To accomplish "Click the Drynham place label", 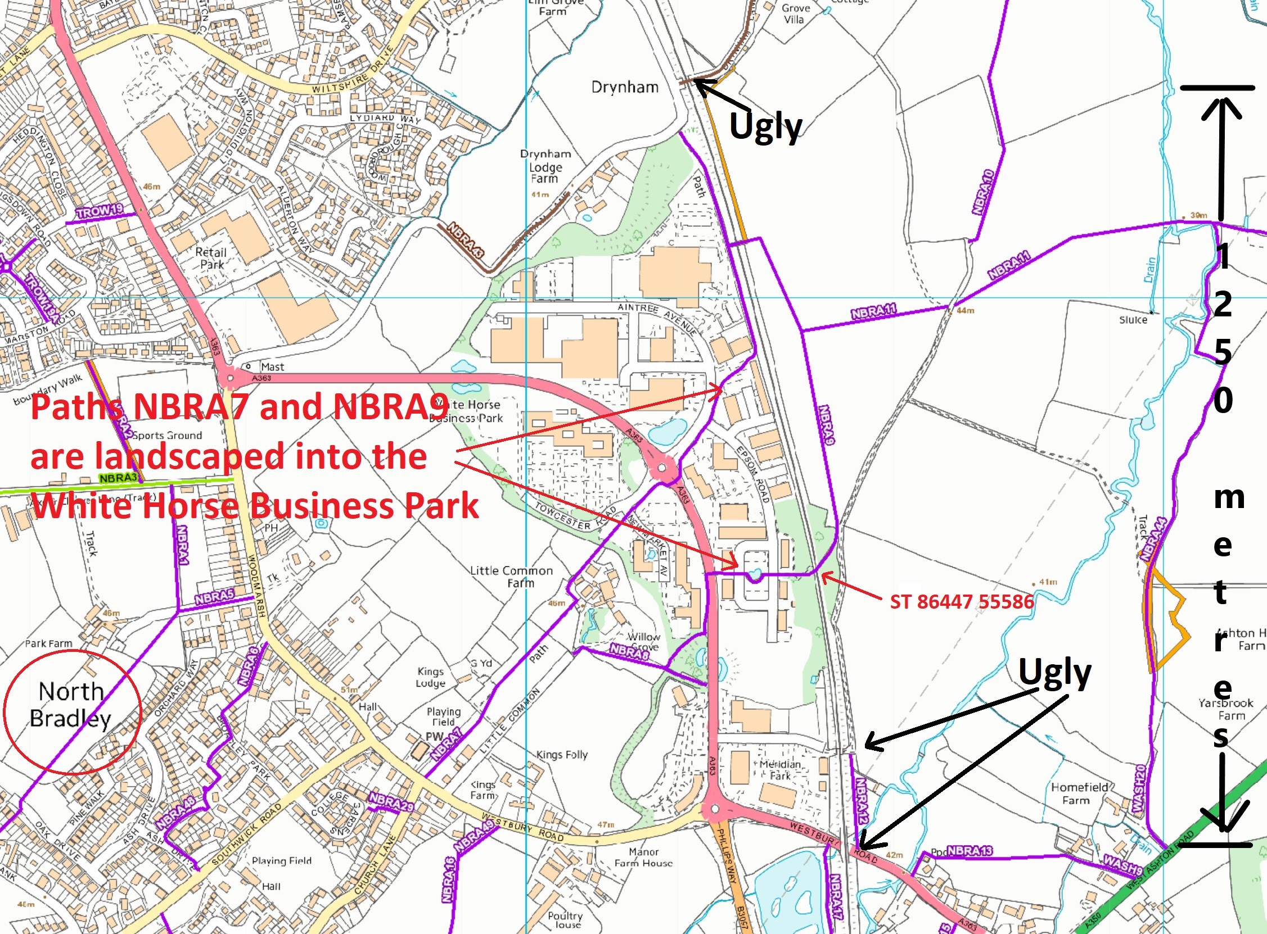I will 624,87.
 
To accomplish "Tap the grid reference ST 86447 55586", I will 962,601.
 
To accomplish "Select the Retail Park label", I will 211,259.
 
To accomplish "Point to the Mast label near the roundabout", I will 272,366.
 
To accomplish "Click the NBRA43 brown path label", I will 466,241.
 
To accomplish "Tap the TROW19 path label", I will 100,211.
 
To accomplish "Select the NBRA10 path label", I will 984,192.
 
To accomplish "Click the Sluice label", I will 1133,320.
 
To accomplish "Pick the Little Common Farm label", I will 511,577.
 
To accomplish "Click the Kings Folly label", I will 562,754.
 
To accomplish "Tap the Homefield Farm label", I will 1080,793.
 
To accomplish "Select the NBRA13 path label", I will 970,851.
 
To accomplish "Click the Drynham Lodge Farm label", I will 545,166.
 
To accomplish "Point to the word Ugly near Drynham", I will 766,126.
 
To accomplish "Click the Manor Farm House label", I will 644,857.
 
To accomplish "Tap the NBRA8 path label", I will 629,651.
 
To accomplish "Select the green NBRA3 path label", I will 118,478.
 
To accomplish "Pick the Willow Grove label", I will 644,642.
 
